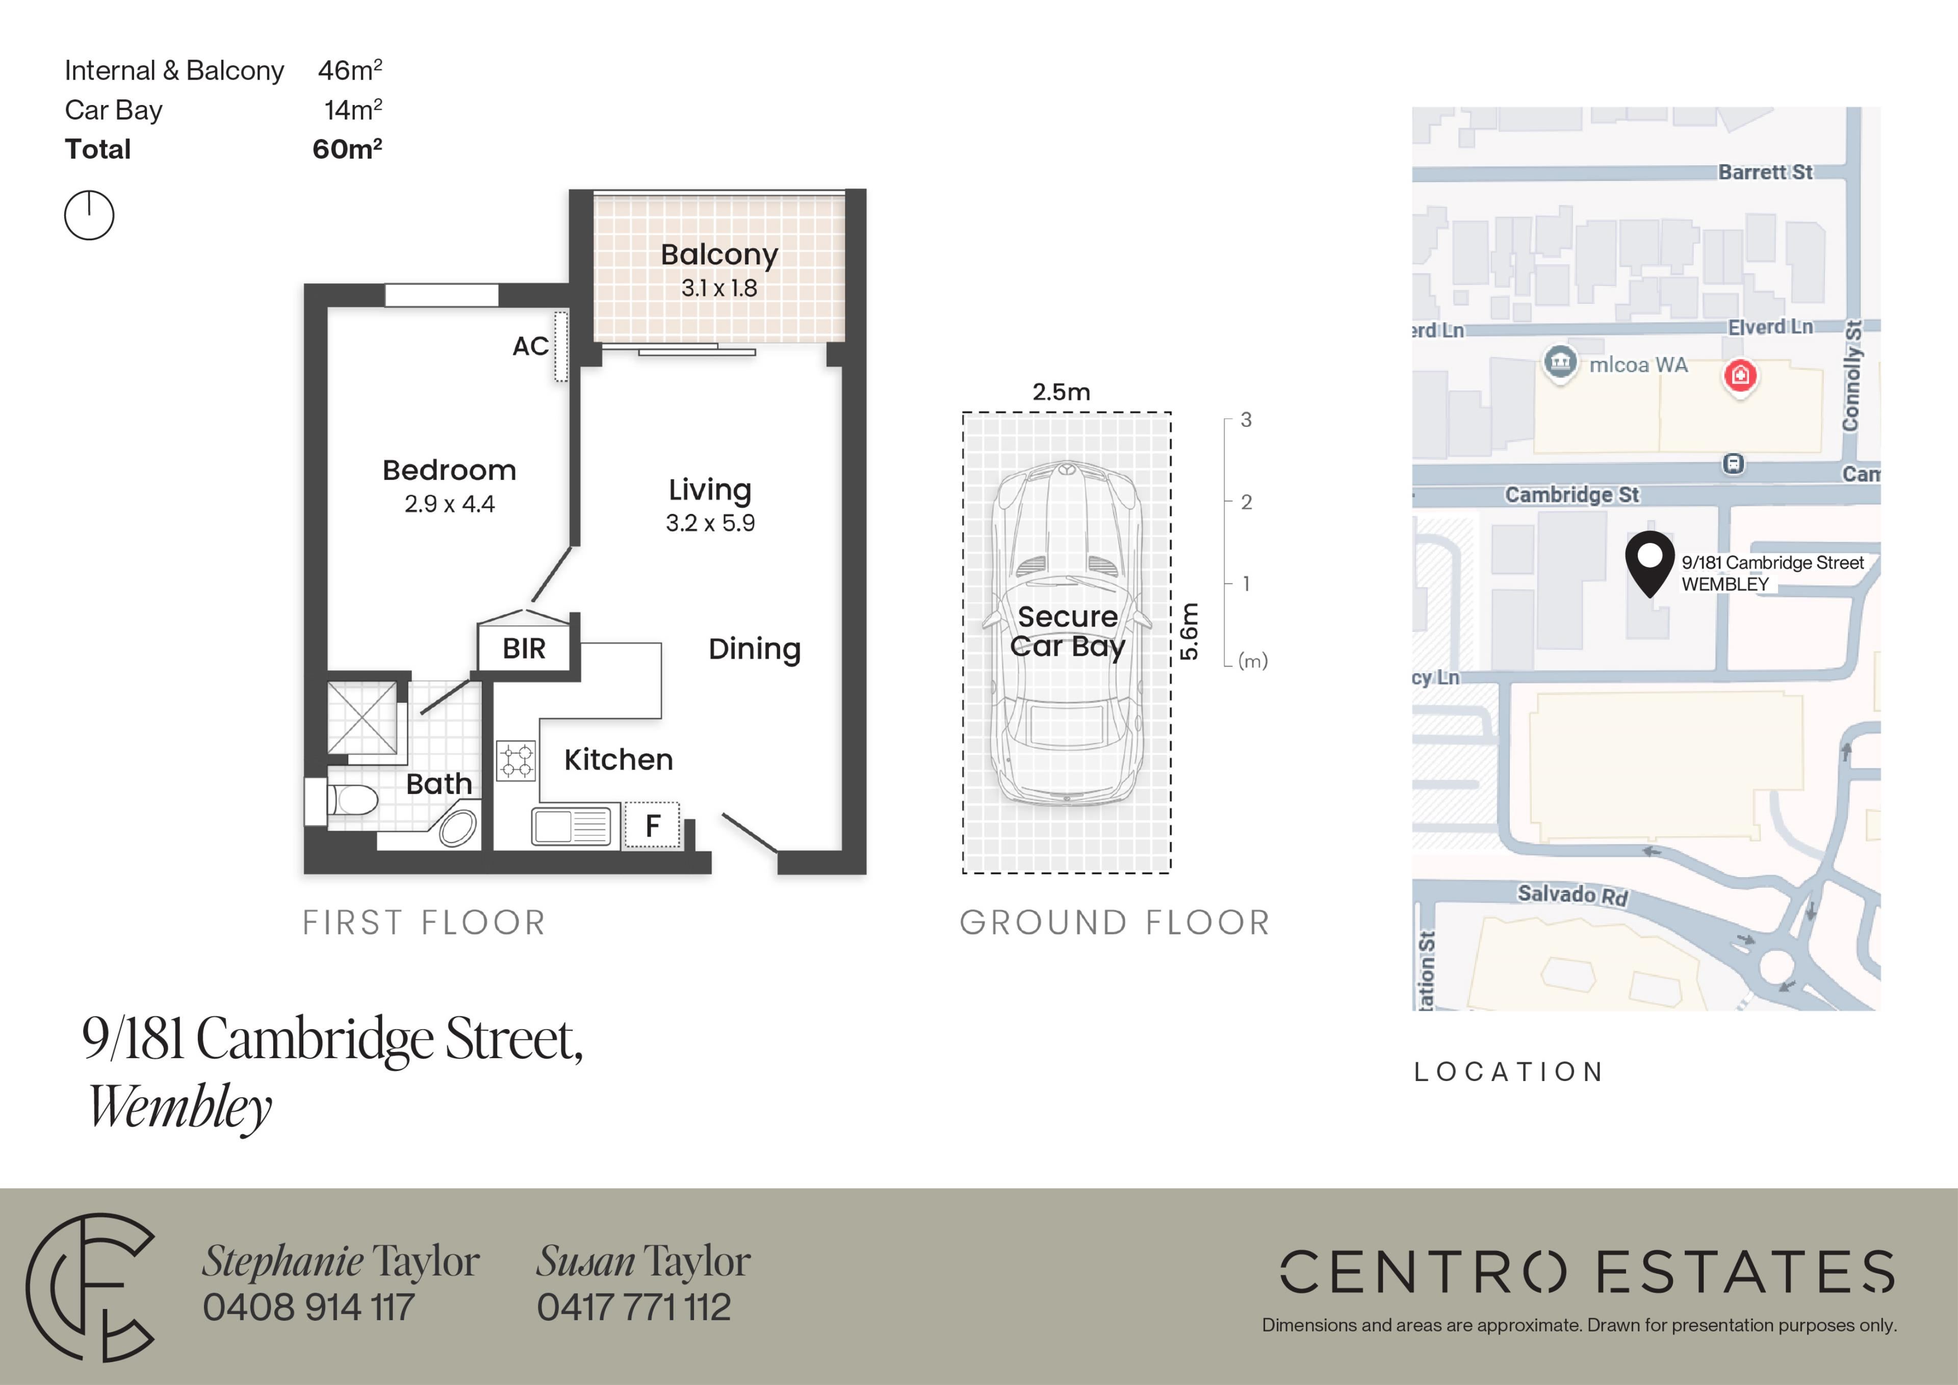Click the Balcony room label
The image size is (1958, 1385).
[x=719, y=255]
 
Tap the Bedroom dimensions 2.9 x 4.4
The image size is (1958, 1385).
[x=449, y=504]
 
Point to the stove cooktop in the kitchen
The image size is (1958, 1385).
[x=516, y=761]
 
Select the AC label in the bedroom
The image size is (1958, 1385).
[x=530, y=346]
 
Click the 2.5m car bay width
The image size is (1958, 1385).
[x=1061, y=392]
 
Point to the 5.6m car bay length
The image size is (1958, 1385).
[x=1190, y=632]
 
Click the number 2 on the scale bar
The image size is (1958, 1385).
[x=1246, y=502]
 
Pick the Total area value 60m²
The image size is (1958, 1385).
[x=347, y=149]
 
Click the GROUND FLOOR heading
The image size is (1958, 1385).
[x=1115, y=923]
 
